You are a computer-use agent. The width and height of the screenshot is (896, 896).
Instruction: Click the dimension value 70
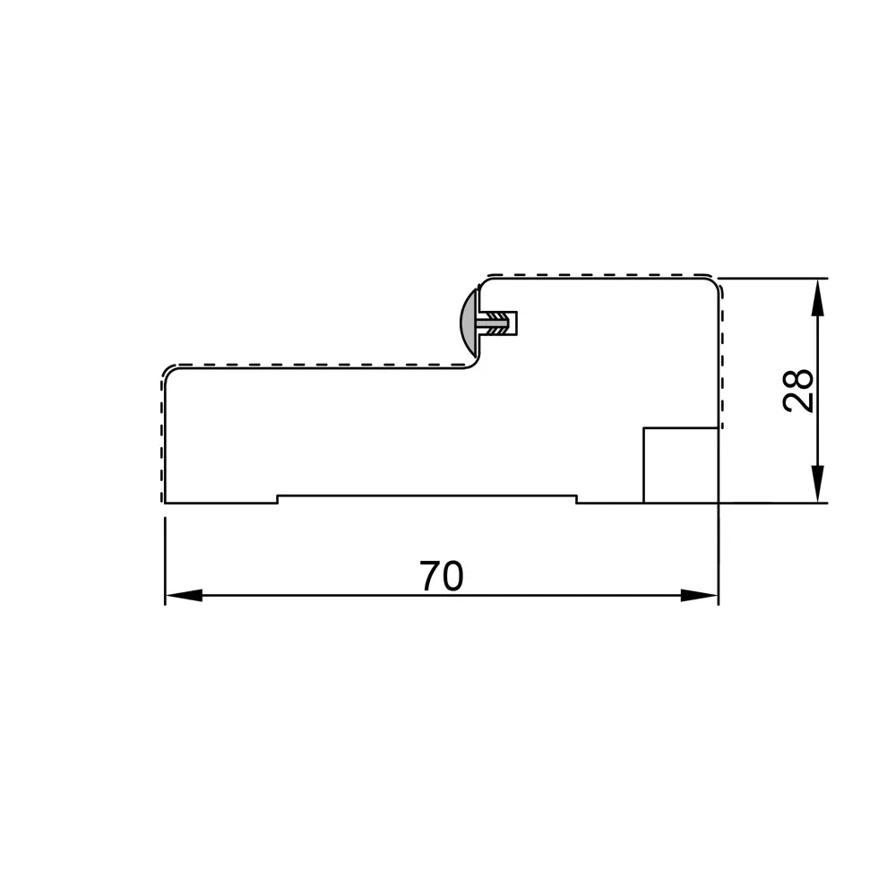(x=441, y=576)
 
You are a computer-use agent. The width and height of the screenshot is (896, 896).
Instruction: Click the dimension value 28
(x=798, y=390)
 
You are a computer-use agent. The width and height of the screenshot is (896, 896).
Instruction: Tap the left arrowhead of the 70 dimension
(x=184, y=596)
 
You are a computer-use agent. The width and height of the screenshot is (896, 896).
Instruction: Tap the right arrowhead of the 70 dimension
(x=700, y=596)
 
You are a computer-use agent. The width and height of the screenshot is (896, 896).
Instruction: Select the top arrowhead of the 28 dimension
(x=818, y=297)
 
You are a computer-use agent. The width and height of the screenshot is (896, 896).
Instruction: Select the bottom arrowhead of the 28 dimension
(x=818, y=484)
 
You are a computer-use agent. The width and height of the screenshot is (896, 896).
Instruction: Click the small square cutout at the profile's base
(x=681, y=465)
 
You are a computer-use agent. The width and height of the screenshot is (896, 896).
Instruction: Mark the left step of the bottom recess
(x=278, y=499)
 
